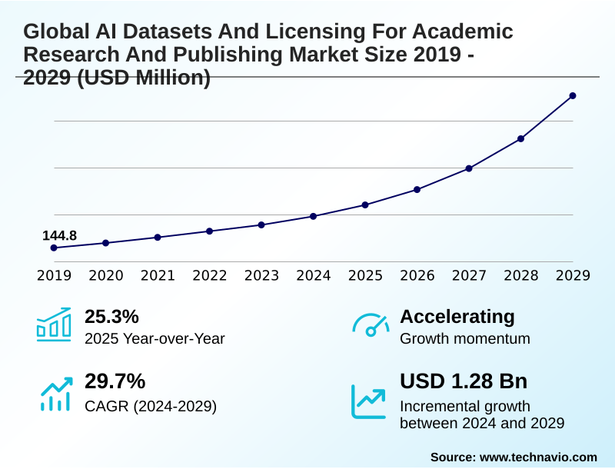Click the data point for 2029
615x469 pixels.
pos(573,96)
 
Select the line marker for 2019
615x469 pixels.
pos(54,248)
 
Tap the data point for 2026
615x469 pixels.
pos(417,189)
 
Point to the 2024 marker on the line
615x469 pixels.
pos(313,216)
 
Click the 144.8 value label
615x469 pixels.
pos(59,235)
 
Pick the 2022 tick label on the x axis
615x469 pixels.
pos(209,275)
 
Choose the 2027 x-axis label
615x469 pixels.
pos(469,275)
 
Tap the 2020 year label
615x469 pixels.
pos(105,275)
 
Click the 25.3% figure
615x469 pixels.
pos(111,317)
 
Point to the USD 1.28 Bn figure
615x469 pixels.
pos(464,381)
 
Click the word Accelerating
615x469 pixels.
pos(457,317)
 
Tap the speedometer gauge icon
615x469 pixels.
pos(371,325)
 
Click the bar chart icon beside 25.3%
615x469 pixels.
pos(54,325)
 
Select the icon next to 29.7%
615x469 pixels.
pos(54,392)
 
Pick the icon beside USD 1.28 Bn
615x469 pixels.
pos(369,401)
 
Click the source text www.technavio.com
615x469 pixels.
pos(538,457)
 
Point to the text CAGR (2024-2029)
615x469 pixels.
pos(151,406)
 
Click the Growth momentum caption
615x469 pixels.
pos(465,338)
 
